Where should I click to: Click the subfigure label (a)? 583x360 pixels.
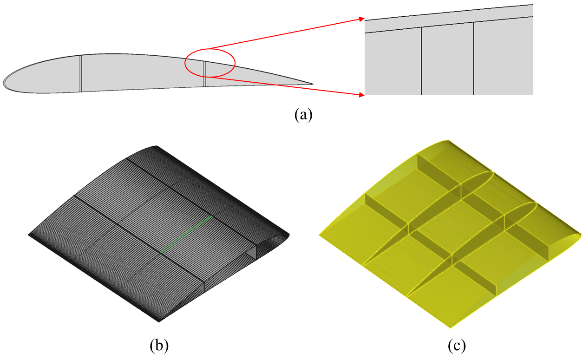click(x=303, y=115)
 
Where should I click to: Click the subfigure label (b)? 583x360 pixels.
click(x=159, y=346)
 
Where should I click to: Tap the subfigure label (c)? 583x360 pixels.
click(x=457, y=346)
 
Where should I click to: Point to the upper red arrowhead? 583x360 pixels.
click(x=361, y=19)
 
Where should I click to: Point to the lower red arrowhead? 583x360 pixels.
click(x=361, y=95)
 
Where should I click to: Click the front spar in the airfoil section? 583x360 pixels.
click(x=81, y=73)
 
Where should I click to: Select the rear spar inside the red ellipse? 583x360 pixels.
click(x=204, y=74)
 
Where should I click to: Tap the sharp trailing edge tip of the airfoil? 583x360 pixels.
click(x=312, y=84)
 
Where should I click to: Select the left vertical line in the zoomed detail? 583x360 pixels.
click(x=421, y=61)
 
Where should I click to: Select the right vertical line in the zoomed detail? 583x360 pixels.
click(x=474, y=59)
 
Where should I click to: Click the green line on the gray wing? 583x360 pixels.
click(x=186, y=234)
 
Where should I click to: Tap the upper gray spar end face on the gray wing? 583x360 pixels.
click(x=252, y=252)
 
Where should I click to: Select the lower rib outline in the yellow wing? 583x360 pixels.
click(x=471, y=249)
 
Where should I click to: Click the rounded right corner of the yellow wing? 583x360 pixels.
click(x=580, y=236)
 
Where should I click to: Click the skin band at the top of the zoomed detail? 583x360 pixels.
click(x=449, y=19)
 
